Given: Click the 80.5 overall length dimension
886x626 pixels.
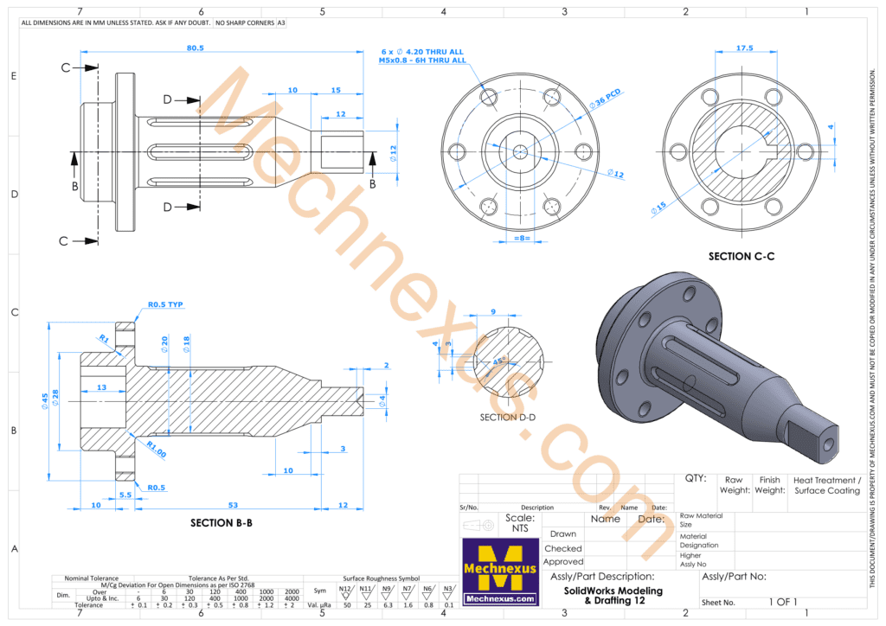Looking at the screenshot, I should tap(195, 48).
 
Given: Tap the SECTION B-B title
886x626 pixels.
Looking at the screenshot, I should tap(221, 523).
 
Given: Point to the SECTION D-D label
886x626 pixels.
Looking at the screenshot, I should tap(508, 418).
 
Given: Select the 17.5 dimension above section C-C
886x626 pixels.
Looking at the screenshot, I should tap(744, 48).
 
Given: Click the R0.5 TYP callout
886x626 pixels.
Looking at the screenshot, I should tap(165, 304).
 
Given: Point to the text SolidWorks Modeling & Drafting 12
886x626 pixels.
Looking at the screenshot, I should tap(619, 596).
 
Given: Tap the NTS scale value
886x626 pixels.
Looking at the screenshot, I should tap(519, 527).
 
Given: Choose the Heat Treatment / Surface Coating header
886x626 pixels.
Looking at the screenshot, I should tap(826, 485).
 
